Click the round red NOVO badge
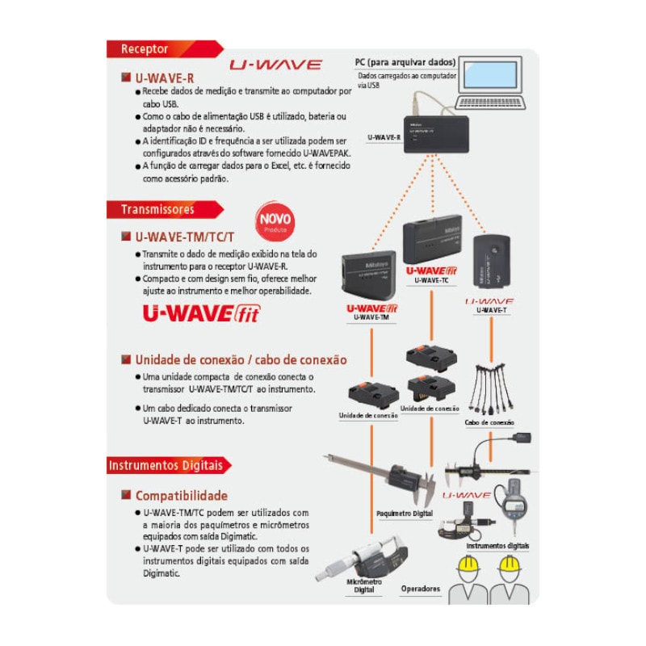click(275, 220)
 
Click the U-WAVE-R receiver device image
click(437, 135)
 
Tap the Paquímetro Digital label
click(405, 514)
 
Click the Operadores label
click(421, 589)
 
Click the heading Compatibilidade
click(181, 496)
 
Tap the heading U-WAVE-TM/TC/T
click(184, 237)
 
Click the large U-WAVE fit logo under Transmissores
click(201, 313)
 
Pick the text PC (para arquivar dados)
click(405, 62)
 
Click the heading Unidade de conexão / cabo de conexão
click(241, 360)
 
